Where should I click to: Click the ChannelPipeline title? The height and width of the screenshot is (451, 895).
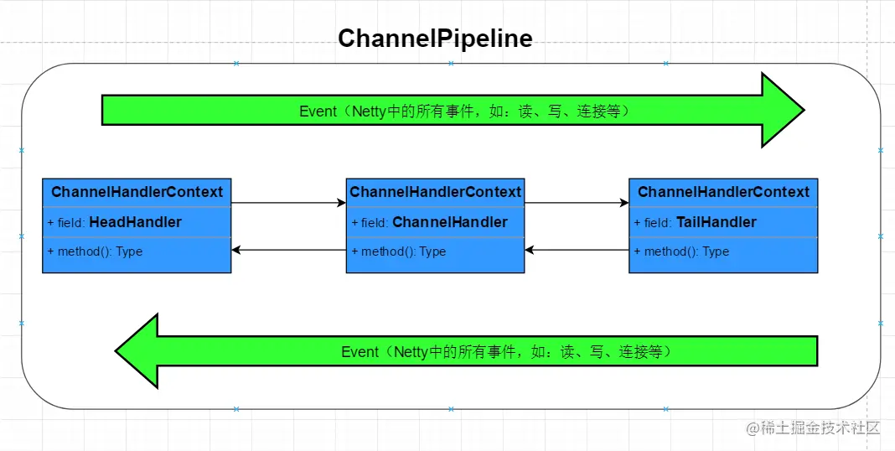[x=435, y=39]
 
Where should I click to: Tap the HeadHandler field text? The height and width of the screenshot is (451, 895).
[x=135, y=222]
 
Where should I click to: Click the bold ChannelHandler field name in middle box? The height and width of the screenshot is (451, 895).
[x=449, y=222]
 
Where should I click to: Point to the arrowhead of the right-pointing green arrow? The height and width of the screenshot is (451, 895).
[x=784, y=110]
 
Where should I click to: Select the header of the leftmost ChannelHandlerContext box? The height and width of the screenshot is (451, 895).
[x=137, y=192]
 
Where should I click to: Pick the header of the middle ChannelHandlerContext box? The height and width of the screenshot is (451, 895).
[x=435, y=192]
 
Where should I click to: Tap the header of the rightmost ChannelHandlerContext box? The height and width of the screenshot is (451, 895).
[x=723, y=192]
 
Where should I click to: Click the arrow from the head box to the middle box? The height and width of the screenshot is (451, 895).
[x=288, y=203]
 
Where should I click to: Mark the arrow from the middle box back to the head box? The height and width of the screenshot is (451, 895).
[x=288, y=250]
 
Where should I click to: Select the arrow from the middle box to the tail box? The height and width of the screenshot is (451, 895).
[x=577, y=203]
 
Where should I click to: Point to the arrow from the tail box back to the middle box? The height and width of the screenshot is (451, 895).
[x=577, y=250]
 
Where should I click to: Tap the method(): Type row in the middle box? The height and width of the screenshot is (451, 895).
[x=398, y=251]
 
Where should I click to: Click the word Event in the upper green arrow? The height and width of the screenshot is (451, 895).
[x=318, y=111]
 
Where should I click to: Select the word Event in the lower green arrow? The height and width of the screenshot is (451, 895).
[x=360, y=352]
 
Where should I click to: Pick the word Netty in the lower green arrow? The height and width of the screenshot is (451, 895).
[x=411, y=352]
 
